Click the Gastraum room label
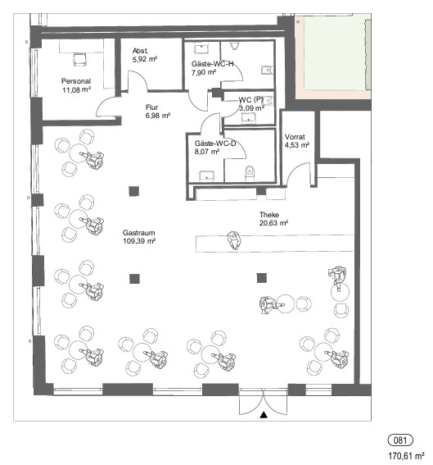[138, 233]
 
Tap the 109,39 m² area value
[139, 241]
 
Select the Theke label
[269, 214]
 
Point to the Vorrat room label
[295, 137]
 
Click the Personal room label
[76, 81]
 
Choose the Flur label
[151, 107]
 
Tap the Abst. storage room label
[140, 51]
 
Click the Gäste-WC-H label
[212, 64]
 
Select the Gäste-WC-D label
[215, 144]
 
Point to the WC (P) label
[251, 100]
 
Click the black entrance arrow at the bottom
[264, 415]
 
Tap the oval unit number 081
[400, 440]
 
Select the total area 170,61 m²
[406, 455]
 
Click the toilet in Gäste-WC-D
[250, 174]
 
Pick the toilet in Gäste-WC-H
[235, 45]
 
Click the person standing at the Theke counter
[233, 240]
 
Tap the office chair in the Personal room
[80, 59]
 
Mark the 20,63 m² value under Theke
[273, 223]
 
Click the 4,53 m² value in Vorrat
[297, 145]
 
